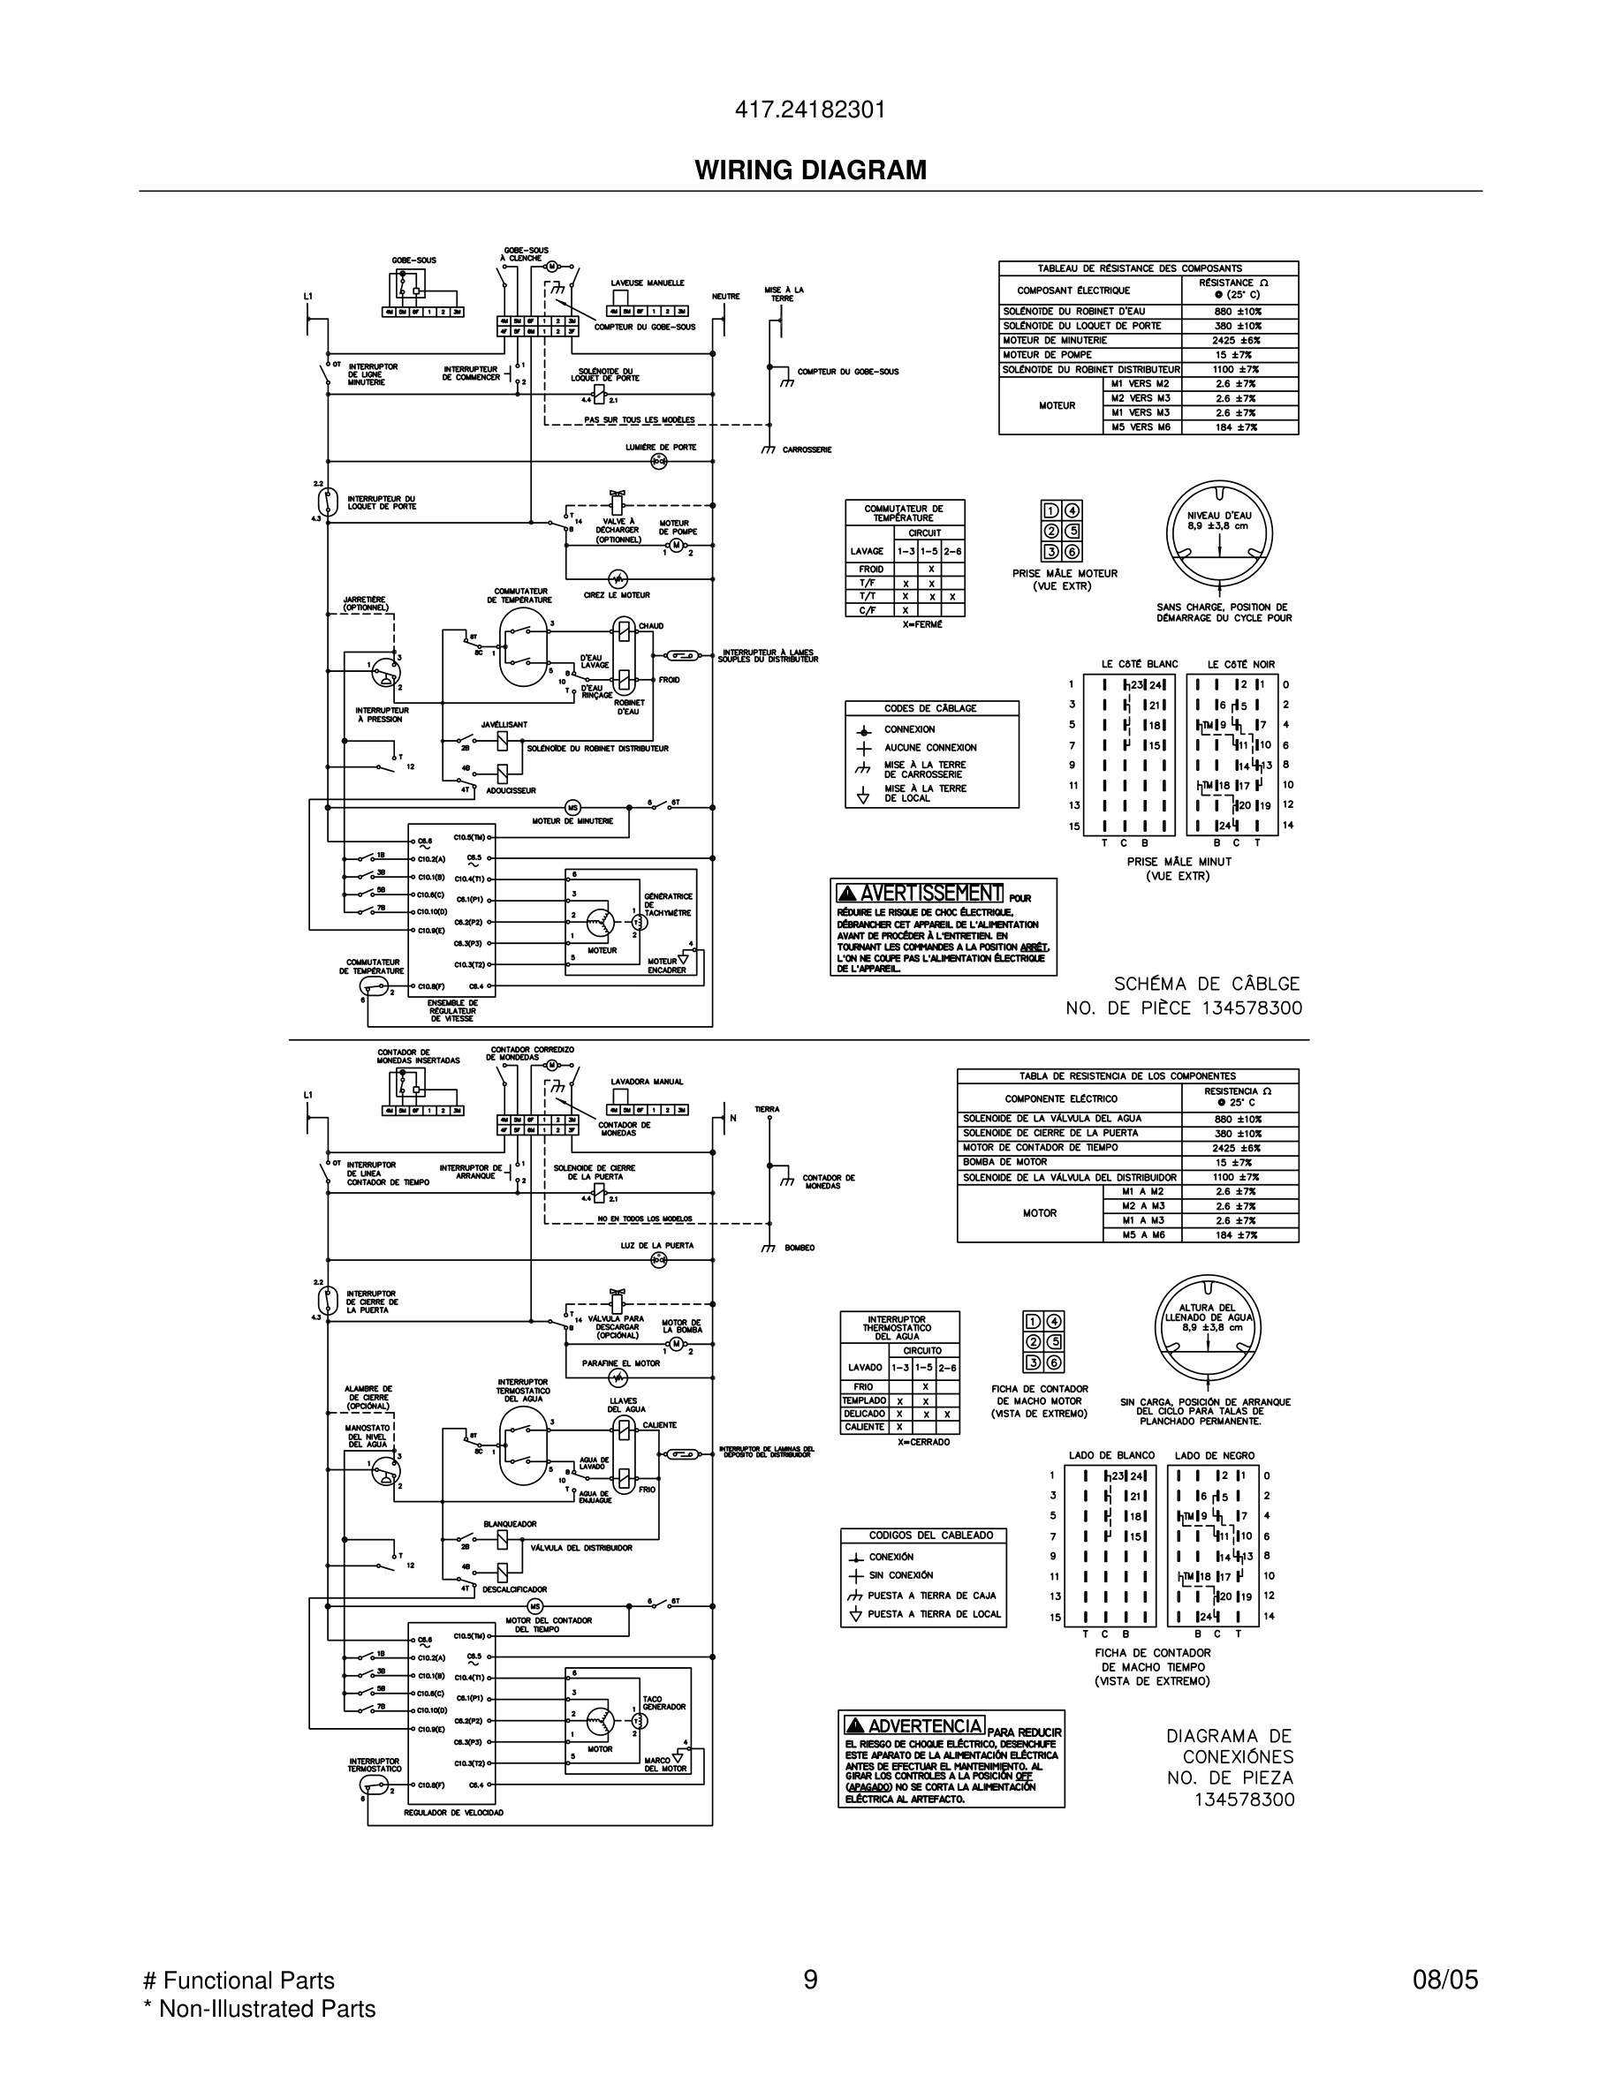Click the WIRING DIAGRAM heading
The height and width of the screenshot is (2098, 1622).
pyautogui.click(x=810, y=170)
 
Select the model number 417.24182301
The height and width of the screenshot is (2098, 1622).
pyautogui.click(x=810, y=110)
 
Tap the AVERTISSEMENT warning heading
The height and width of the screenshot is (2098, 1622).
pyautogui.click(x=920, y=894)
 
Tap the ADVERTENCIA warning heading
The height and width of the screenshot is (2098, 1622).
pyautogui.click(x=913, y=1726)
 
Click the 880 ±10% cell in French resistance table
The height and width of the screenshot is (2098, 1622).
pyautogui.click(x=1239, y=311)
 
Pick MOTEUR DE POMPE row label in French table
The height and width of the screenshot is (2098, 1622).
pyautogui.click(x=1048, y=354)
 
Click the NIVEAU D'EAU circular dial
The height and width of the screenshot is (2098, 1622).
pyautogui.click(x=1218, y=533)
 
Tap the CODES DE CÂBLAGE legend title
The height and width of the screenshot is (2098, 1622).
pyautogui.click(x=930, y=708)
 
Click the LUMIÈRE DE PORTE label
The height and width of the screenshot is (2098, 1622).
pyautogui.click(x=660, y=448)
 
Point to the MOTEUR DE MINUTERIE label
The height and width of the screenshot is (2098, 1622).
pyautogui.click(x=572, y=820)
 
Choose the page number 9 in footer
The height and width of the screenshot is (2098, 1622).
pyautogui.click(x=810, y=1979)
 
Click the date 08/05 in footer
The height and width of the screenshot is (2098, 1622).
pyautogui.click(x=1444, y=1979)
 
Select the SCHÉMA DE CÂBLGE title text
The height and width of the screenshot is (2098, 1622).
pyautogui.click(x=1206, y=984)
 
